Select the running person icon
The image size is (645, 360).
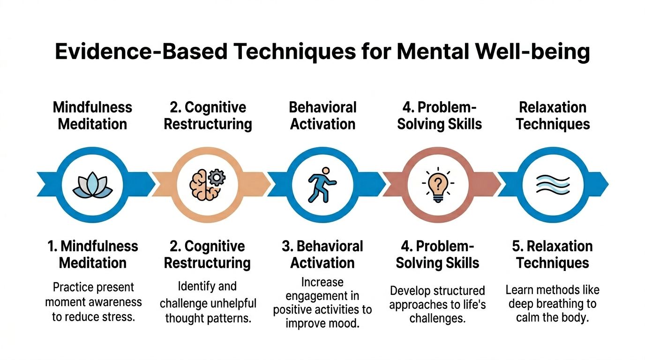(x=322, y=185)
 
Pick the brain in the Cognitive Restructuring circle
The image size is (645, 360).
(x=201, y=186)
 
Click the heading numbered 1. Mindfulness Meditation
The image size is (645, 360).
(x=93, y=254)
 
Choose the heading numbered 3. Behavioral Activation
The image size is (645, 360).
(x=322, y=254)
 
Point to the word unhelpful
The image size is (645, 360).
(x=231, y=303)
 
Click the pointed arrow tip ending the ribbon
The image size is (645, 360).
(x=606, y=183)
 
